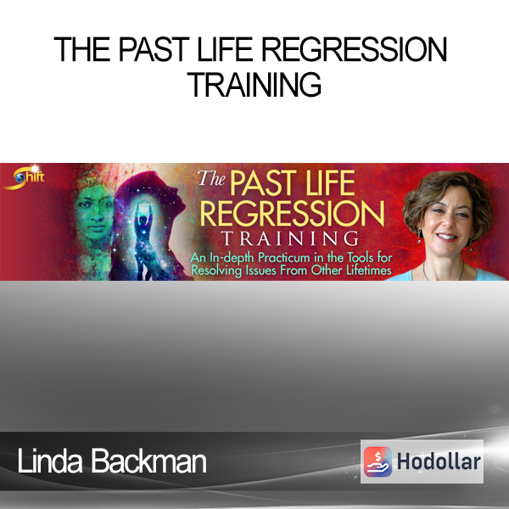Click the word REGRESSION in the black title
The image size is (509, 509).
pos(355,49)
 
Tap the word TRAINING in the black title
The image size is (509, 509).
pos(255,85)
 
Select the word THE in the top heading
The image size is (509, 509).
pos(82,49)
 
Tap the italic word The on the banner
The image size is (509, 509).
pos(211,178)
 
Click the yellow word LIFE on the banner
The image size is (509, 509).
pos(331,183)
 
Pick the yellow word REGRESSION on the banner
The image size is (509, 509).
pos(292,213)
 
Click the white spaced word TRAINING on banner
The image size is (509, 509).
pos(289,238)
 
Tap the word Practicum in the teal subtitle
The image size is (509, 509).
pos(283,258)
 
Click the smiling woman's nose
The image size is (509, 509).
pos(447,221)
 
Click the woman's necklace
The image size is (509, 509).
pos(443,275)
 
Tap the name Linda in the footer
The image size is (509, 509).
pos(50,461)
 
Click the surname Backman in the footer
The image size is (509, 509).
pos(148,461)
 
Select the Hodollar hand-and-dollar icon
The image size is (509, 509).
pos(378,461)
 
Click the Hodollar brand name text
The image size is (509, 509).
pos(439,461)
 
